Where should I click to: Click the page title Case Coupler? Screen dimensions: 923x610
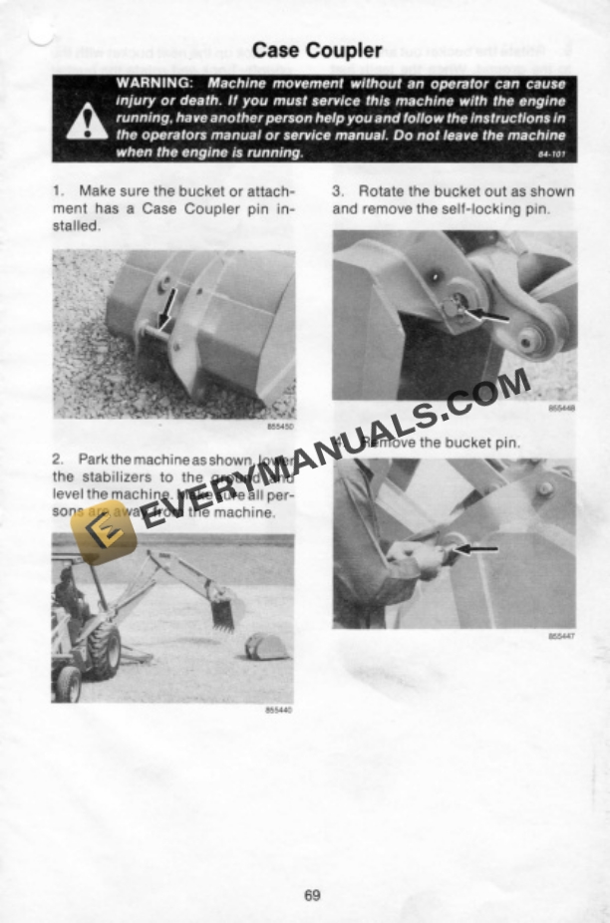(x=317, y=50)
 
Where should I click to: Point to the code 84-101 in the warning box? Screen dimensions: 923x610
(x=551, y=154)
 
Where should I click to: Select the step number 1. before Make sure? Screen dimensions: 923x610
(x=56, y=190)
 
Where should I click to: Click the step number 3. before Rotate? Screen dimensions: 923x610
(x=338, y=190)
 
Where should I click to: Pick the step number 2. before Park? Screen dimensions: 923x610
(x=57, y=460)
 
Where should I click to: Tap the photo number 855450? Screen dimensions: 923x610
(x=281, y=426)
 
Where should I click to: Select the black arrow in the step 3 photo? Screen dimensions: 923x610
(x=484, y=316)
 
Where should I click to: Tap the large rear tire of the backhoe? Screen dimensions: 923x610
(x=103, y=650)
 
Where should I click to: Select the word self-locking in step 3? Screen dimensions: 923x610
(x=480, y=208)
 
